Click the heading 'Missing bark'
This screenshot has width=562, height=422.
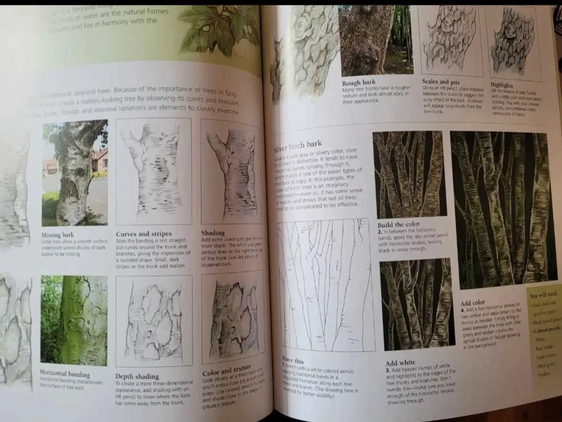click(x=58, y=235)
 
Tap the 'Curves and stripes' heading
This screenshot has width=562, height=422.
click(x=144, y=234)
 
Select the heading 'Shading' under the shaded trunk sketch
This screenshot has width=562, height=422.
click(x=213, y=233)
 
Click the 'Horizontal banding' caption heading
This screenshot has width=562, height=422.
click(x=65, y=374)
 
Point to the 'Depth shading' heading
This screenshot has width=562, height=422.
click(x=137, y=376)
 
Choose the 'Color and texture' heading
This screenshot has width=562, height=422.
click(x=227, y=371)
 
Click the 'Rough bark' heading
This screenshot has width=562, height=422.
click(x=359, y=83)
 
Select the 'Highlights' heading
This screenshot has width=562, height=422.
click(x=501, y=85)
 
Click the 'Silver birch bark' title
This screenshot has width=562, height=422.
click(x=298, y=146)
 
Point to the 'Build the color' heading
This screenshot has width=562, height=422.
click(x=399, y=224)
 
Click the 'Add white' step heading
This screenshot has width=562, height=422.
click(x=400, y=363)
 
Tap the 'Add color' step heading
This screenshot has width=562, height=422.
click(x=472, y=303)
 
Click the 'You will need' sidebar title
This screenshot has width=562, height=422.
click(x=543, y=295)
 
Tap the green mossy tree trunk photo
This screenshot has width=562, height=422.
click(x=74, y=321)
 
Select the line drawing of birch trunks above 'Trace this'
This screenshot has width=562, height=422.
click(x=323, y=286)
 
